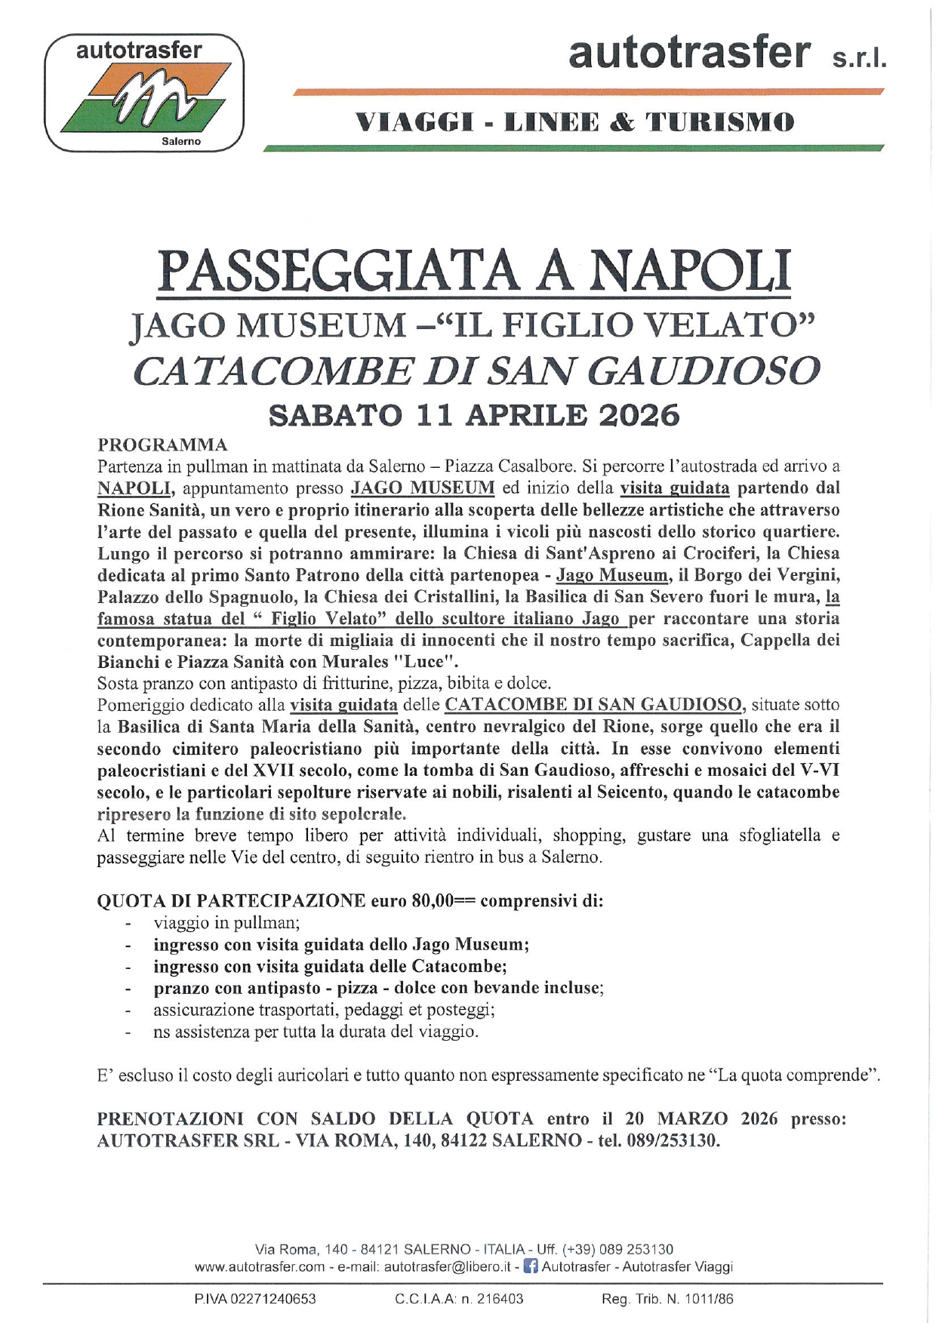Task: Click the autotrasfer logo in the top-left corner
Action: point(144,93)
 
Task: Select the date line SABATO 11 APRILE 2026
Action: point(474,416)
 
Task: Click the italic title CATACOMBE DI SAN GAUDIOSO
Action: point(476,371)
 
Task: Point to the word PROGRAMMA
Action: point(162,445)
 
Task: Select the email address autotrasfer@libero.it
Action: point(448,1267)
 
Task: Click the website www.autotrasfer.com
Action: point(260,1267)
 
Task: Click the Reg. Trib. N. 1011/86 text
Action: point(667,1299)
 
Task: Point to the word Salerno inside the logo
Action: point(181,141)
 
